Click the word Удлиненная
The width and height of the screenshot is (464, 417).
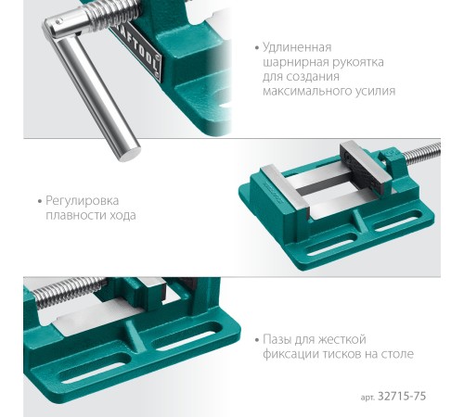(297, 48)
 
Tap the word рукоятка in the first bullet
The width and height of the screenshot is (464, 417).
(358, 63)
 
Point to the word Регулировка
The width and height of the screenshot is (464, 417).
(82, 201)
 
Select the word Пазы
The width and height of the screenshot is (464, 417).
(277, 340)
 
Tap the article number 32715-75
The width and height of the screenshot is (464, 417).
(402, 396)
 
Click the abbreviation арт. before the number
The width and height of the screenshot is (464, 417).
(367, 398)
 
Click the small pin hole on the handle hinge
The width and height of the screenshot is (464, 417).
(58, 22)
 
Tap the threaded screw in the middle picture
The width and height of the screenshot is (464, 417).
(422, 154)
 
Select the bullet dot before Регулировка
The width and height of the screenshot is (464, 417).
(40, 201)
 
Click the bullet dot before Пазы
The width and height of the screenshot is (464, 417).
(257, 340)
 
